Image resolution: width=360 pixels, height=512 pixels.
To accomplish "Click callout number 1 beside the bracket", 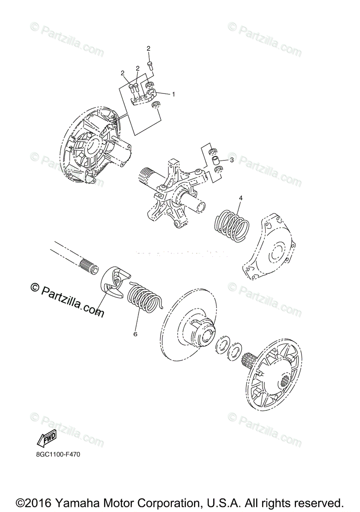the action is pos(173,94).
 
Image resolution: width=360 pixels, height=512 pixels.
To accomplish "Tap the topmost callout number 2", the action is pos(149,49).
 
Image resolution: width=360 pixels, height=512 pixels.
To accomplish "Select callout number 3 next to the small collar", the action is pos(231,160).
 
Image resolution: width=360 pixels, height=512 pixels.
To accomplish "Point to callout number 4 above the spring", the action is pos(240,198).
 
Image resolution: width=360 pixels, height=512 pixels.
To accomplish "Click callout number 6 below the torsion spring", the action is pos(135,334).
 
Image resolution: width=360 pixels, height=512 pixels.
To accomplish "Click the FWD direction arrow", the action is pos(47,439).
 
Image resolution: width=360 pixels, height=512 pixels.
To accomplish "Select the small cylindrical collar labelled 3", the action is pos(216,161).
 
